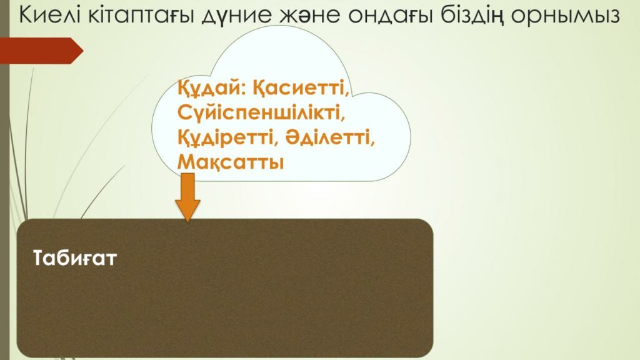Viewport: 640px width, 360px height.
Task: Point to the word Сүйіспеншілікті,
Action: click(x=261, y=112)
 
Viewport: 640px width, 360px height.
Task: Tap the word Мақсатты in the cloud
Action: click(x=231, y=162)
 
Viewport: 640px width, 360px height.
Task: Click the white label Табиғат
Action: click(x=75, y=258)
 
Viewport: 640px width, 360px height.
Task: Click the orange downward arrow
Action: click(x=187, y=197)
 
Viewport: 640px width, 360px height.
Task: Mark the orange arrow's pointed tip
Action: click(x=187, y=222)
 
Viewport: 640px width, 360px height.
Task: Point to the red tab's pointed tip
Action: click(x=83, y=51)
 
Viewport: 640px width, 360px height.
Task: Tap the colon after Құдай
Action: click(x=242, y=90)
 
